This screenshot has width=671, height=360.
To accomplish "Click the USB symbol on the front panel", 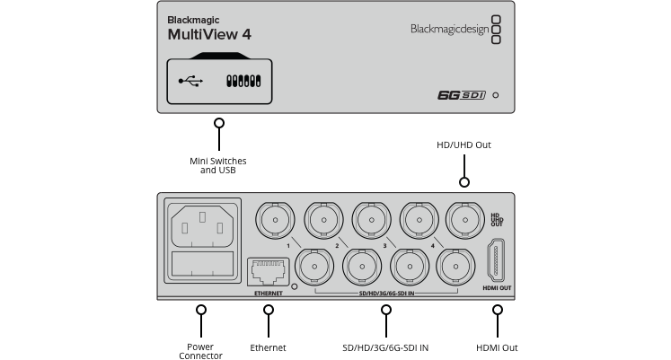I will point(190,81).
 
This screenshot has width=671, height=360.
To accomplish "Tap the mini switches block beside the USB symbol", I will point(243,81).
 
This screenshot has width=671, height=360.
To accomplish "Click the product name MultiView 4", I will point(208,34).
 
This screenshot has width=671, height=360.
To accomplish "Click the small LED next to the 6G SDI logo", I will point(496,94).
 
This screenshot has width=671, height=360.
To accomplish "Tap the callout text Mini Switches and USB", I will point(217,165).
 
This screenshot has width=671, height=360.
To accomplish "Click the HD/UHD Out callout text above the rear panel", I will point(464,145).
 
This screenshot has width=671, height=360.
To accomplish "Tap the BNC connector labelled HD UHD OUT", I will point(464,217).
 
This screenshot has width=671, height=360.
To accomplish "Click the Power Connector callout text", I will point(200,351).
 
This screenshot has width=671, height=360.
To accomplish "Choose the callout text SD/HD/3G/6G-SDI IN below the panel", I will point(385,347).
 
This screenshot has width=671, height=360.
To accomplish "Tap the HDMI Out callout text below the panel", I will point(496,347).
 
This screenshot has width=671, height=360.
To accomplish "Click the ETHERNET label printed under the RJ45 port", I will point(268,293).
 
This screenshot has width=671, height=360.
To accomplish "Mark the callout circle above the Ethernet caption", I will point(268,310).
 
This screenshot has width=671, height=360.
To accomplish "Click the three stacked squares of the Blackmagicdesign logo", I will point(498,29).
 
